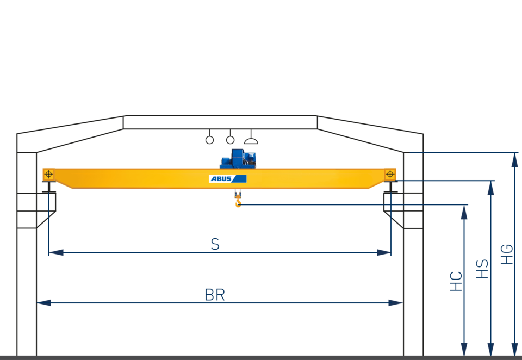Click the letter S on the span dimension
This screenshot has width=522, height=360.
click(215, 245)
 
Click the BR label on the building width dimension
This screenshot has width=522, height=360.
click(215, 295)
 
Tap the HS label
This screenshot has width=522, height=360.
click(482, 269)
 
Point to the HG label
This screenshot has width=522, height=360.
click(507, 254)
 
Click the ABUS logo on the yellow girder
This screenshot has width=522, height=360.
click(228, 178)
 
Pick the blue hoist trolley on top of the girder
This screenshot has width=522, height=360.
click(238, 158)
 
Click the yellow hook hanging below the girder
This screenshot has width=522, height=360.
click(238, 202)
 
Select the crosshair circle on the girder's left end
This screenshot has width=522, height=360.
click(48, 174)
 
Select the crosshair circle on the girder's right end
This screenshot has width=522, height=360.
click(390, 174)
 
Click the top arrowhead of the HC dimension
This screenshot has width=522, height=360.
click(464, 212)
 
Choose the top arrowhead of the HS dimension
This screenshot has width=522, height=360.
click(490, 188)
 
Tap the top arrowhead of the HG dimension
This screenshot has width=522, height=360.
click(514, 161)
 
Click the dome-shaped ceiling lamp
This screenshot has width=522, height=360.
click(251, 140)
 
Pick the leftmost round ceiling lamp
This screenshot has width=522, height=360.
click(209, 140)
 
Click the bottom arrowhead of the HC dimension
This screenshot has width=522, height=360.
click(464, 349)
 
